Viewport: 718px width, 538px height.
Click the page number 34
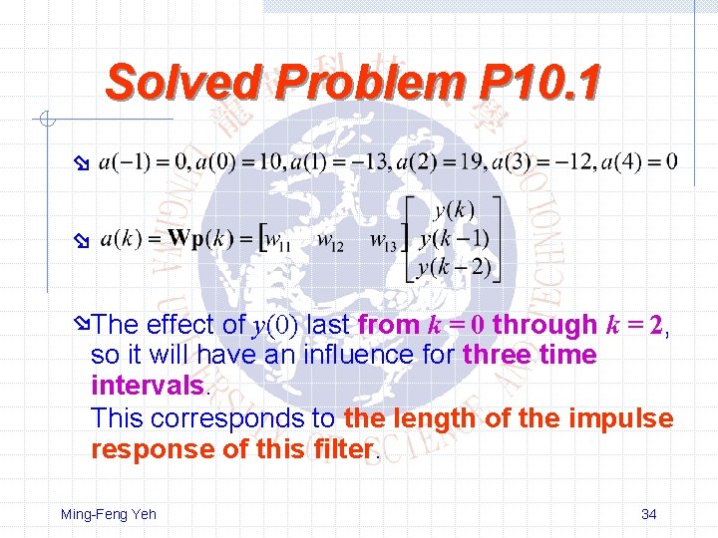pos(648,514)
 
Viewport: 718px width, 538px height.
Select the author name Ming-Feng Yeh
pos(109,514)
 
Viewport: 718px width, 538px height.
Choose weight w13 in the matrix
pos(383,239)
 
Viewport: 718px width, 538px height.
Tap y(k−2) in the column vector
pos(454,266)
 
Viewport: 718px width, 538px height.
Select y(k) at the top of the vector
pos(454,210)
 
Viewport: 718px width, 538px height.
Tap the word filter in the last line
pos(342,449)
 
